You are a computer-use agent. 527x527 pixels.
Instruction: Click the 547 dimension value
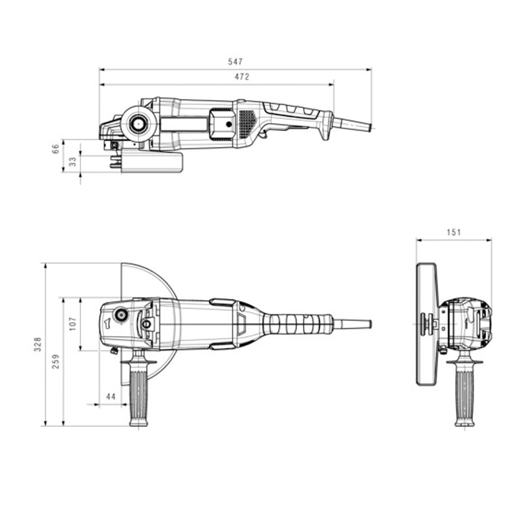point(235,61)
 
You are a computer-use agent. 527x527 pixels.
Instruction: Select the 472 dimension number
point(242,77)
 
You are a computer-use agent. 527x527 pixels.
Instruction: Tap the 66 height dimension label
point(56,150)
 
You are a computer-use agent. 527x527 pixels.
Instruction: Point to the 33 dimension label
point(72,161)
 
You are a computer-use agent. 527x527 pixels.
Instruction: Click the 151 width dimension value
point(453,232)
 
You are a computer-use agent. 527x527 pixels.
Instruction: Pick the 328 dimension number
point(38,344)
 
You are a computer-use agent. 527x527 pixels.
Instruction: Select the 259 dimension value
point(55,361)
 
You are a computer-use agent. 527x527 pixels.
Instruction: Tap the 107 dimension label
point(72,323)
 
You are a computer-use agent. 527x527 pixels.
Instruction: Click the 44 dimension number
point(110,397)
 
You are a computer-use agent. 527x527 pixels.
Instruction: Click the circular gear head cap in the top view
point(139,123)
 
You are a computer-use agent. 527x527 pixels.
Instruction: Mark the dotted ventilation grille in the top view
point(246,122)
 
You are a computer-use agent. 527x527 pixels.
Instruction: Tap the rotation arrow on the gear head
point(106,323)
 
